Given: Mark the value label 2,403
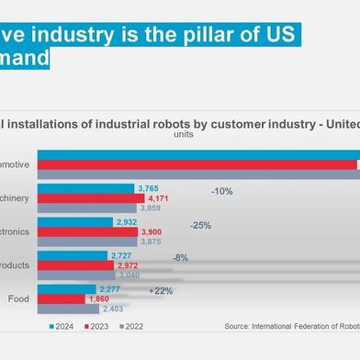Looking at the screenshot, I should click(113, 309).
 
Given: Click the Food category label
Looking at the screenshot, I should click(19, 298).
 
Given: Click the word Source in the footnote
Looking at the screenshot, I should click(239, 326).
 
